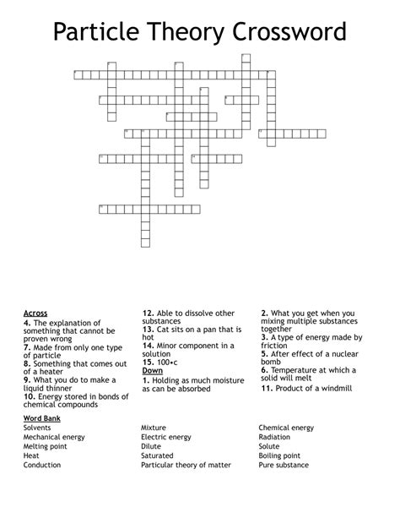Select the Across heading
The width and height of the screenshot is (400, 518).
pos(35,314)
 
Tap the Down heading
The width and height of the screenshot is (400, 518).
pos(153,370)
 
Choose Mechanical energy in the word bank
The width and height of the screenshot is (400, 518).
pos(54,437)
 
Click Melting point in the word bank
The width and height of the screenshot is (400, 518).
pos(46,446)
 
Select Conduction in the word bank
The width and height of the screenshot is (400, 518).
pos(43,465)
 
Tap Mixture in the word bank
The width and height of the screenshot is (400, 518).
pos(154,428)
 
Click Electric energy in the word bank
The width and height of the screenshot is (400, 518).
pos(166,437)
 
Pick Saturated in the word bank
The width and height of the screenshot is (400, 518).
pos(158,455)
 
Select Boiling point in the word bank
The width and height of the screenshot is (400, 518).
pos(281,455)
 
